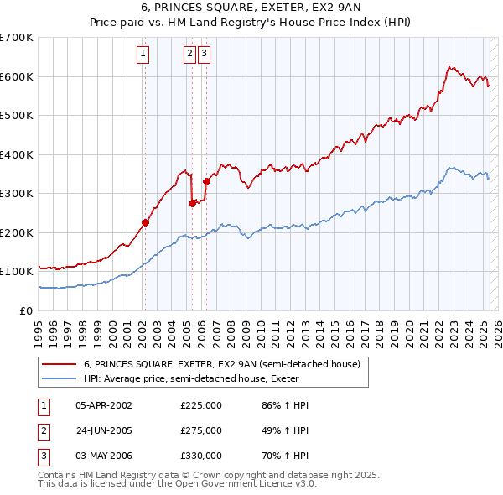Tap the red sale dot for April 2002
[x=145, y=222]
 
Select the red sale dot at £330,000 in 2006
[x=206, y=181]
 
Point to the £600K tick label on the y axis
[x=18, y=76]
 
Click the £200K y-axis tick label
[x=18, y=232]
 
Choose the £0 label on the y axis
[x=27, y=310]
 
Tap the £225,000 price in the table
[x=201, y=405]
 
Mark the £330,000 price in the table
[x=201, y=456]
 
